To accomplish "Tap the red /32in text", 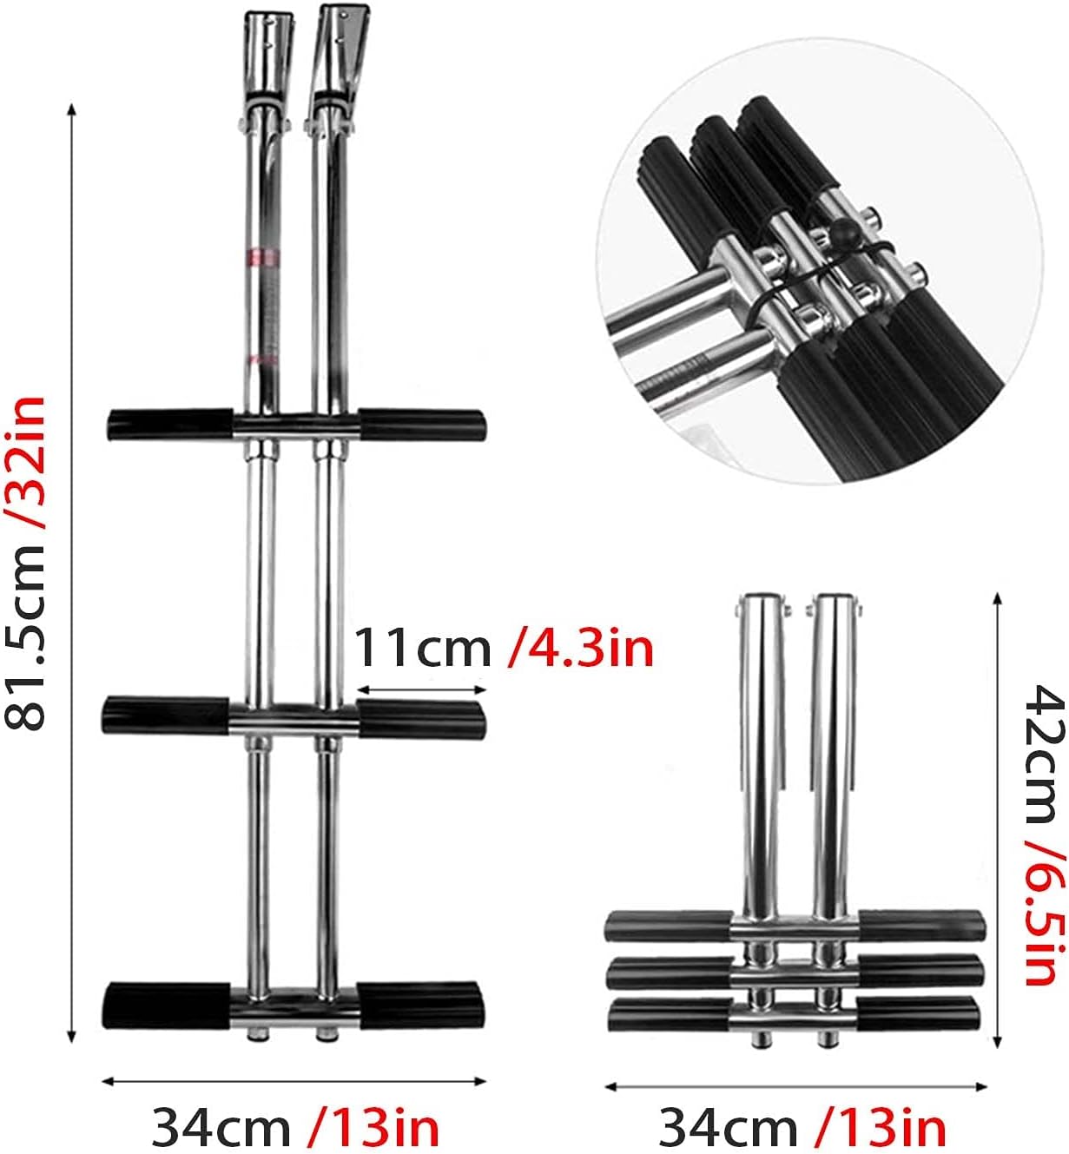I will pyautogui.click(x=26, y=461).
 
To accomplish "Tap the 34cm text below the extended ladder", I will pyautogui.click(x=221, y=1127).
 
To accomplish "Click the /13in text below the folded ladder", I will pyautogui.click(x=881, y=1127).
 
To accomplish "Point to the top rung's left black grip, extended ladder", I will pyautogui.click(x=168, y=424).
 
